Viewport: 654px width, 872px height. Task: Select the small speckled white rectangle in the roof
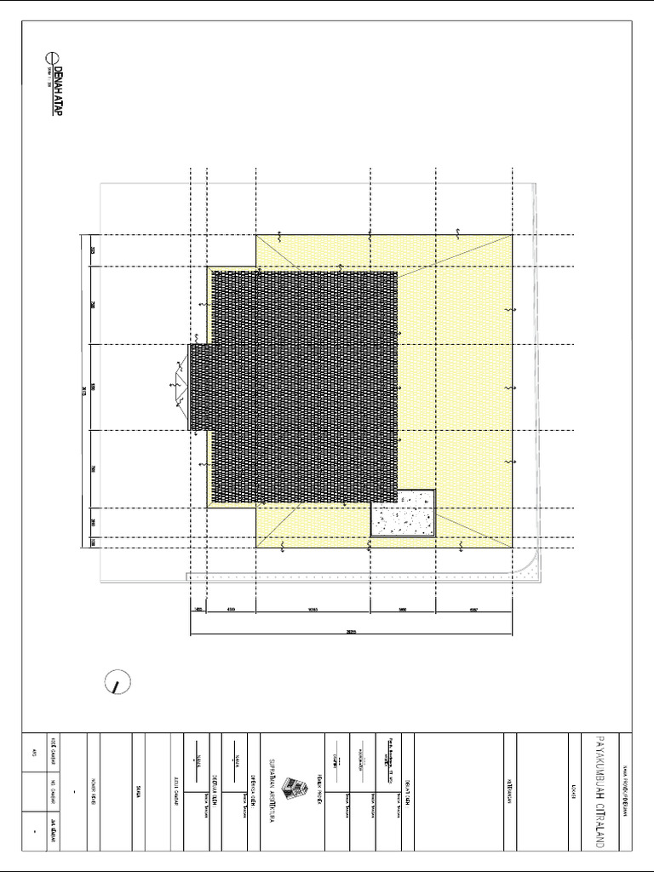(x=403, y=513)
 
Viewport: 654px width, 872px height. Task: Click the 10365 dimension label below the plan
(x=313, y=610)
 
